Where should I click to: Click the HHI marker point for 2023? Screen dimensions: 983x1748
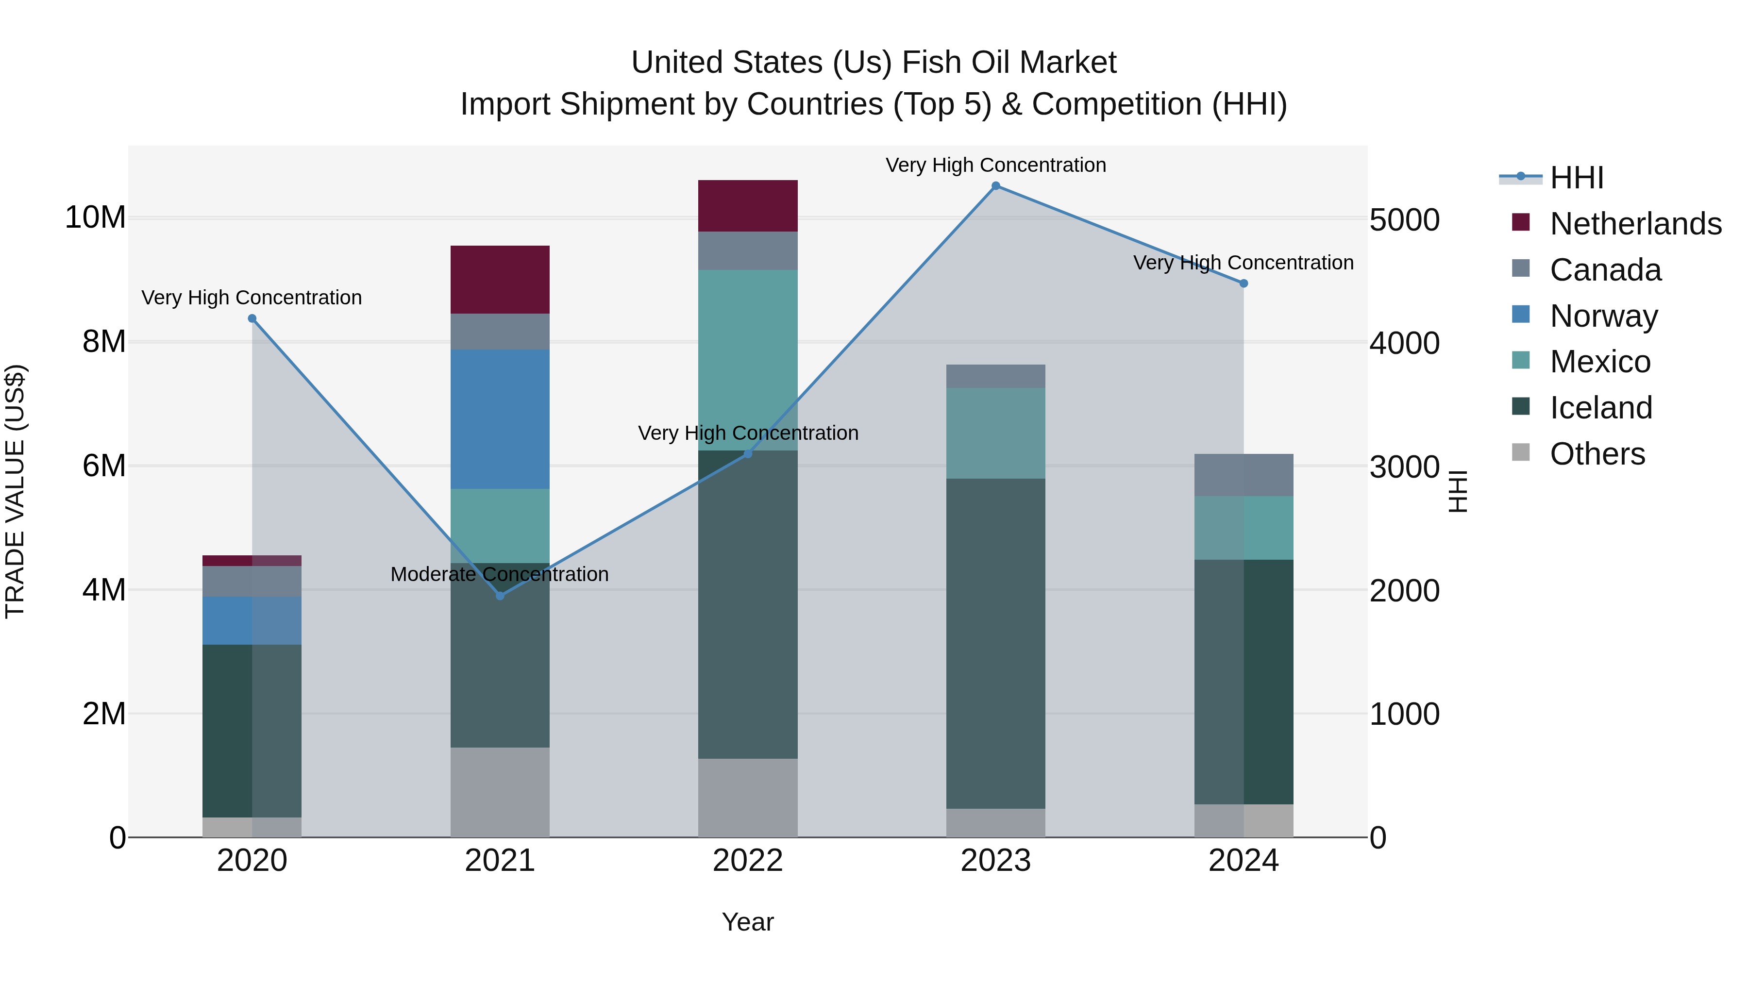coord(995,186)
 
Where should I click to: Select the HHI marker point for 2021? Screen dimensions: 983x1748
coord(500,596)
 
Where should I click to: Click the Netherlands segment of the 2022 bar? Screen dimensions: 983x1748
coord(748,205)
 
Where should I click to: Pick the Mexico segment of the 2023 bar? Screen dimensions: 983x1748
coord(995,433)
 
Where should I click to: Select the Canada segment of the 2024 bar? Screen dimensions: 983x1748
coord(1243,475)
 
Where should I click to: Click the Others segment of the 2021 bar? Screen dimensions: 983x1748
coord(500,792)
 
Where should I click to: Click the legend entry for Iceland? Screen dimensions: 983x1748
coord(1600,408)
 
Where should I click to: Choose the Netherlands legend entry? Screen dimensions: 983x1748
coord(1635,224)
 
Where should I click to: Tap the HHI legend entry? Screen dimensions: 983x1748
coord(1576,178)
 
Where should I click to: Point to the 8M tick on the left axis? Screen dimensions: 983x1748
coord(104,342)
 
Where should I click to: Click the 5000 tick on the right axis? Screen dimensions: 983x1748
coord(1404,220)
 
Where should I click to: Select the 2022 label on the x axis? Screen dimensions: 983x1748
coord(748,861)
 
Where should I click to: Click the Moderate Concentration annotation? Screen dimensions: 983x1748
coord(500,574)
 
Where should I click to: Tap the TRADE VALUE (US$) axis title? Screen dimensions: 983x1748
coord(15,491)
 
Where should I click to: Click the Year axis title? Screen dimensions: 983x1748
coord(748,922)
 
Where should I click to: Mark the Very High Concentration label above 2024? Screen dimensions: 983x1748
coord(1243,263)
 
